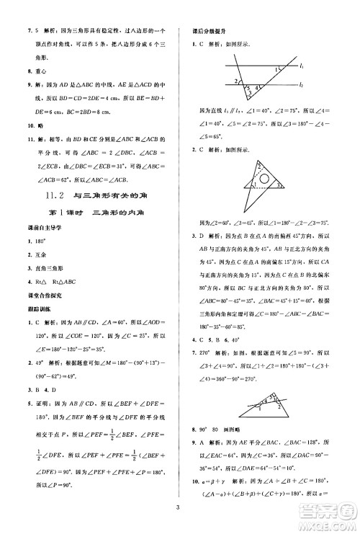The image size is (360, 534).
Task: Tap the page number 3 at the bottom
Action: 180,510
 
